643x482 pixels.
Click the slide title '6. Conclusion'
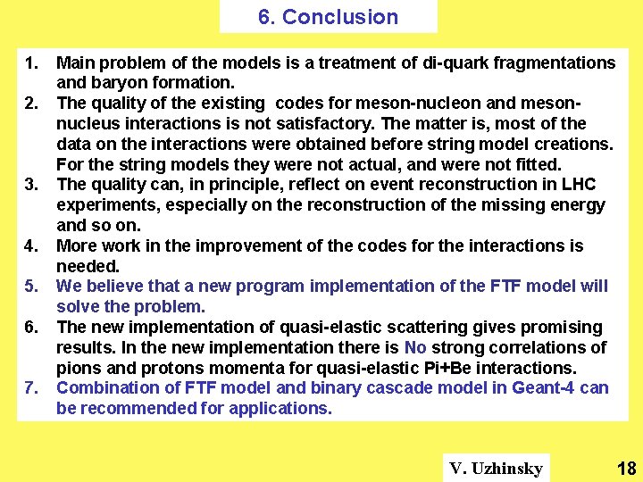[x=328, y=17]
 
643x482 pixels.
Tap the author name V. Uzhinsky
[x=497, y=469]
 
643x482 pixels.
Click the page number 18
[x=626, y=469]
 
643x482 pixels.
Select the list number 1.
[x=31, y=62]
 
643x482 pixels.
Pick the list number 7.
[x=31, y=388]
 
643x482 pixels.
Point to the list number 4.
[x=31, y=245]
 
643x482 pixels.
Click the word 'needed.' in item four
[x=88, y=266]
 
